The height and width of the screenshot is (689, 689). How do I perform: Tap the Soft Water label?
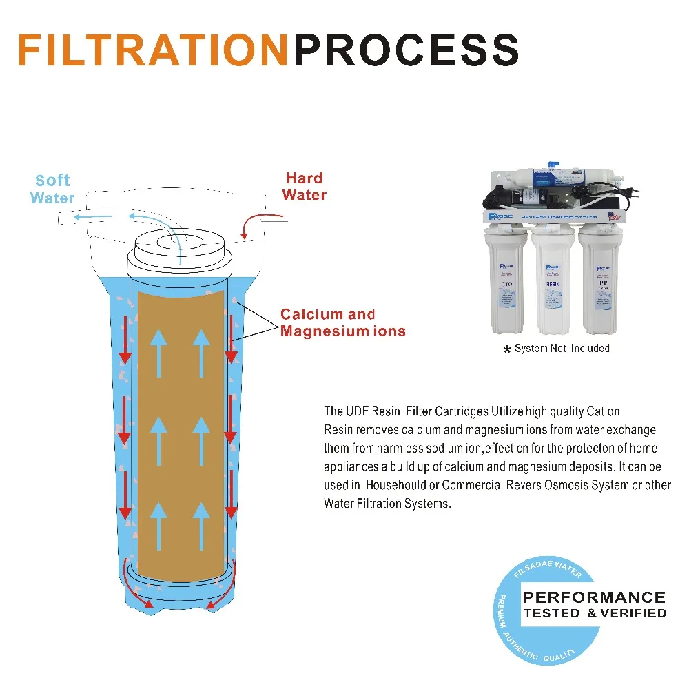point(52,189)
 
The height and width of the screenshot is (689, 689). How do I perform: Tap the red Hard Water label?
point(304,186)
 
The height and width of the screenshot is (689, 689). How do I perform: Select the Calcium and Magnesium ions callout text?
point(342,322)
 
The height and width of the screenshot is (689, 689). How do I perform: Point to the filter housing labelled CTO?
point(508,282)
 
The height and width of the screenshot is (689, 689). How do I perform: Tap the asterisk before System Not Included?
point(508,350)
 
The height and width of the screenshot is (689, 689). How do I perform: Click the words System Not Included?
point(562,349)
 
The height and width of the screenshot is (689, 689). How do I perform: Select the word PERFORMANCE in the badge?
point(594,597)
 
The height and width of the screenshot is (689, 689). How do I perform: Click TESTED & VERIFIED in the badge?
point(594,613)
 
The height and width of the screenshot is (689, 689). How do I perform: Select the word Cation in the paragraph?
point(603,411)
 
